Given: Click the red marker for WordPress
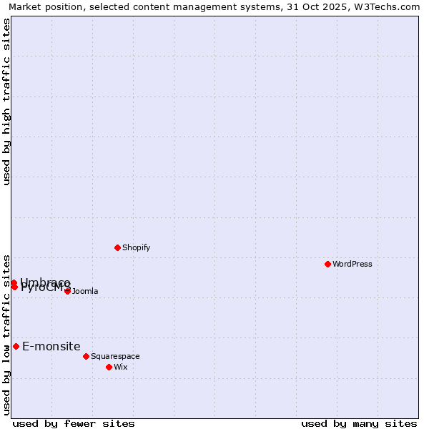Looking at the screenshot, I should [x=328, y=264].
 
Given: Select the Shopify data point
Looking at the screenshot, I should [x=117, y=247].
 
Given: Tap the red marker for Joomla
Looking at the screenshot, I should [x=67, y=291].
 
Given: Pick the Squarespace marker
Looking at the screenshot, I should [x=86, y=356].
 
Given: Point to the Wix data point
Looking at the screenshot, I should [x=109, y=367].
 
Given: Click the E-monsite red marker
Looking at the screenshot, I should [x=16, y=346].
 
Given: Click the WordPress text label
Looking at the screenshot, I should [x=352, y=264].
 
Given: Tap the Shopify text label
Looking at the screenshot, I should [x=136, y=247].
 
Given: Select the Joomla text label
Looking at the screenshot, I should [x=85, y=291].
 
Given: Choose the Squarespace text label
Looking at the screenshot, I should [x=115, y=356].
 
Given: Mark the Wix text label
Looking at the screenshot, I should [x=120, y=367].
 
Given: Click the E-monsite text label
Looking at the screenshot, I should [x=51, y=346].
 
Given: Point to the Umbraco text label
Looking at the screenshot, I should [x=46, y=282].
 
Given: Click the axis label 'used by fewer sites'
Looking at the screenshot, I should [x=74, y=423].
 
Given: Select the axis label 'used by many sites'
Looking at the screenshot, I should [x=359, y=423].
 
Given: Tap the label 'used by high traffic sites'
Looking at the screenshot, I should [x=6, y=102].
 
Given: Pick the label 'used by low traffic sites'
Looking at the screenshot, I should [x=6, y=335].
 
